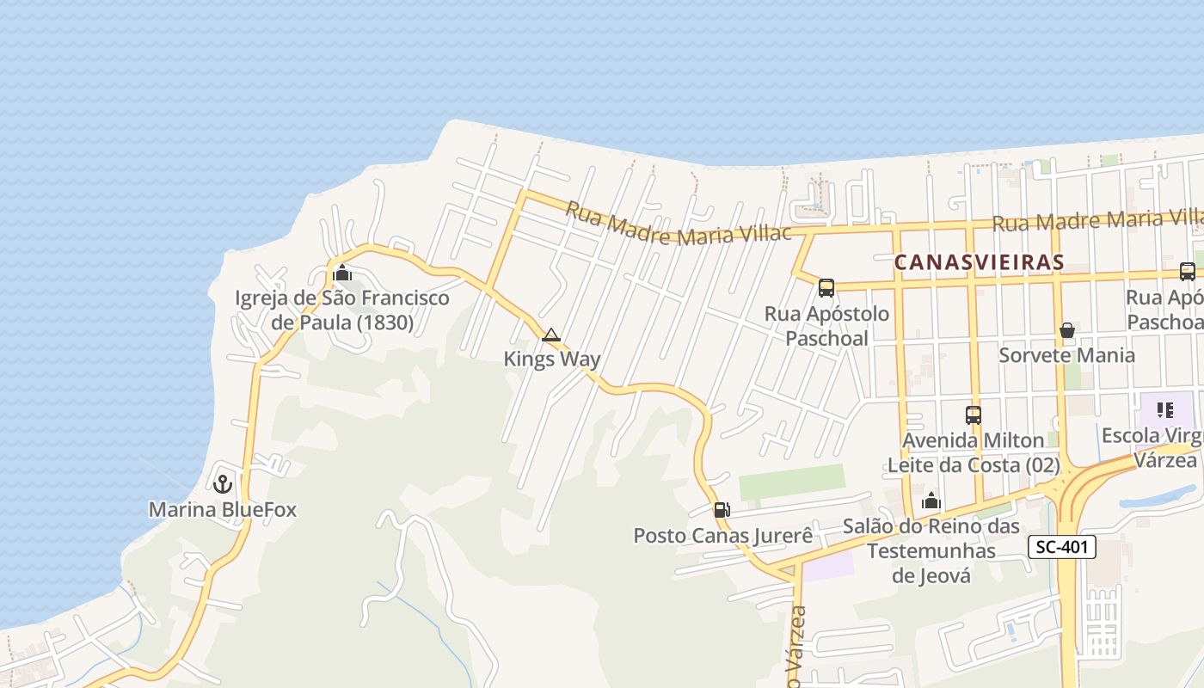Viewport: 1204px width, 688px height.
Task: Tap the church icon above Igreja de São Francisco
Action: pos(342,273)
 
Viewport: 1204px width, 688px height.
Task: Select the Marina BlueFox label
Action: pos(223,510)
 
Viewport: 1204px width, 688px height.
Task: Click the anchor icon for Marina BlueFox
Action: pos(223,483)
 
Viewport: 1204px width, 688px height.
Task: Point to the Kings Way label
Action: pos(552,359)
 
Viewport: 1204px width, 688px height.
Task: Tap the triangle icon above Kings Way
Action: pos(551,335)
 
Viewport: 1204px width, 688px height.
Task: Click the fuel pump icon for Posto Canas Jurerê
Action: pos(722,510)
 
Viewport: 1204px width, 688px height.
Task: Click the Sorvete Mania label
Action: pos(1066,355)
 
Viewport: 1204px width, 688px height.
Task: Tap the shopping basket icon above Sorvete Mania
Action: pos(1067,330)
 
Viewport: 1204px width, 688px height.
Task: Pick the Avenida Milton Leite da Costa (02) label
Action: pos(973,453)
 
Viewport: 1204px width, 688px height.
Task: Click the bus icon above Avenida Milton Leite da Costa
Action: pos(974,415)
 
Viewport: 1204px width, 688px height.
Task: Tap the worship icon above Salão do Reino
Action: pos(931,501)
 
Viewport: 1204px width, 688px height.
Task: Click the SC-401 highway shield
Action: pos(1062,546)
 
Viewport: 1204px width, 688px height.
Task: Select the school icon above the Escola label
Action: pos(1165,410)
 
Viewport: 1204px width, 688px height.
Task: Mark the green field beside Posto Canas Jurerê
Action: pos(791,482)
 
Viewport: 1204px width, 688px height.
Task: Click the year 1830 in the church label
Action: pos(386,323)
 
